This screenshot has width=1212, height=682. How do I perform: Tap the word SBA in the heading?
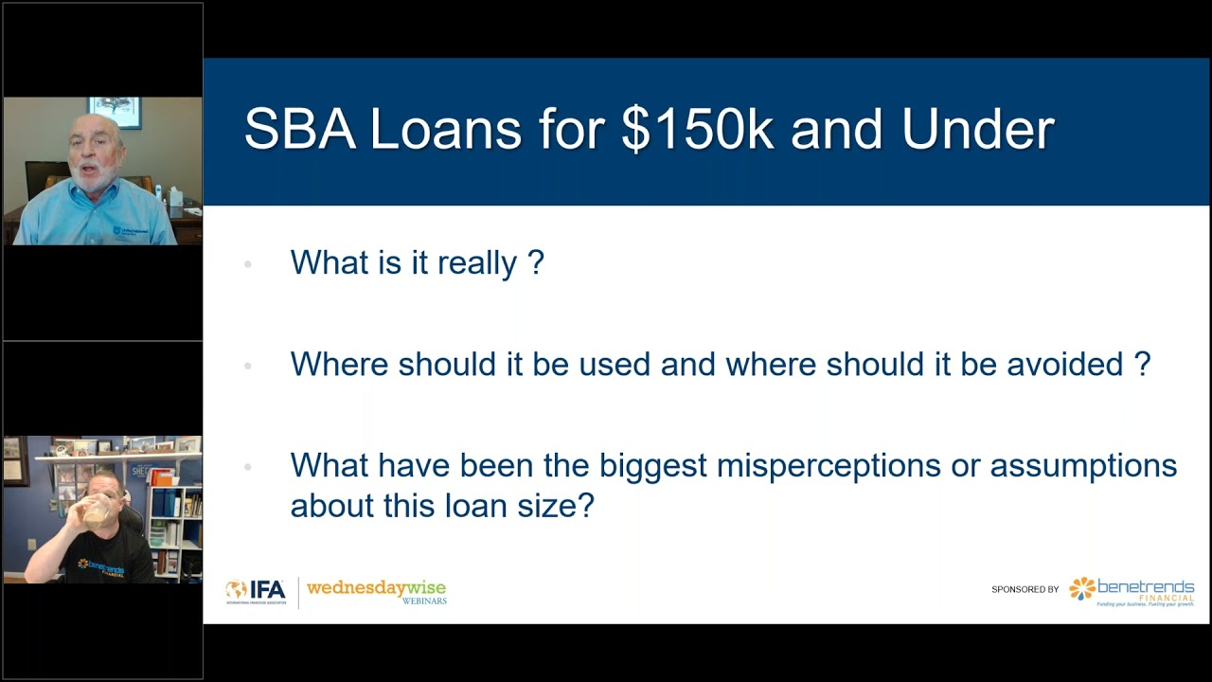click(299, 130)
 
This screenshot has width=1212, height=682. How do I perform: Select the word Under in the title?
click(977, 130)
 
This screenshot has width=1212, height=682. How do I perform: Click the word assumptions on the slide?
click(1083, 466)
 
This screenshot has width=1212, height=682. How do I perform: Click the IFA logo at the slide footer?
click(256, 591)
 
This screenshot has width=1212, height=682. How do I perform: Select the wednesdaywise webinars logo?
click(376, 592)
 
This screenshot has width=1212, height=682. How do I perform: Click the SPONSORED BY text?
click(1025, 590)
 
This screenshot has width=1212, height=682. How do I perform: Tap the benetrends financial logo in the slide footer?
click(1132, 590)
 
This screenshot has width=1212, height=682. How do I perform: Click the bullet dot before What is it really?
click(248, 263)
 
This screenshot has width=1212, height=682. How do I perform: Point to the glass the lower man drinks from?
click(96, 512)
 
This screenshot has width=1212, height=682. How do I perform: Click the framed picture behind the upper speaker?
click(115, 111)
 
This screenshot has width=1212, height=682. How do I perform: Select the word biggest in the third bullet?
click(652, 466)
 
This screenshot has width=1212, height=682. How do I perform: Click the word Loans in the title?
click(445, 130)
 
